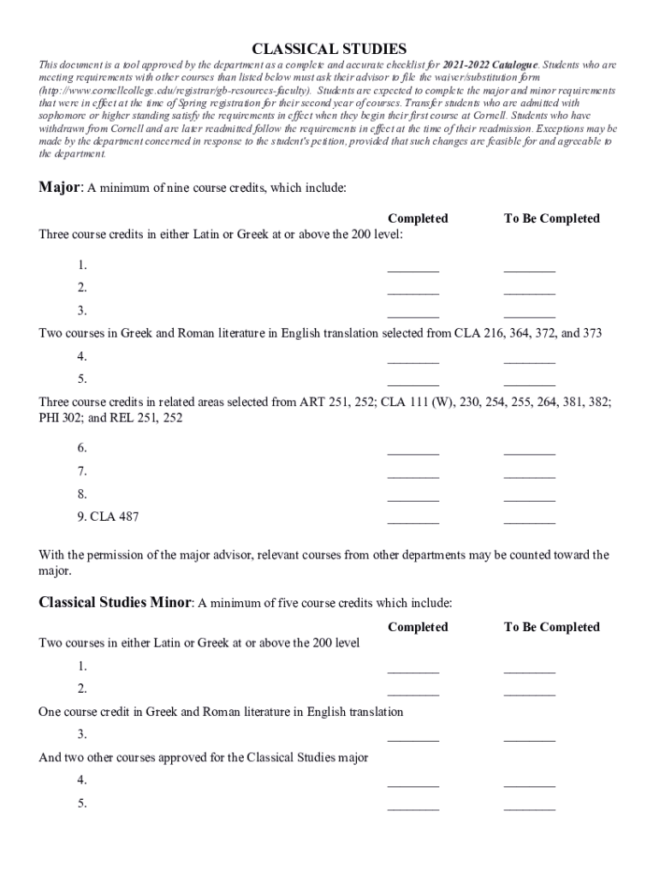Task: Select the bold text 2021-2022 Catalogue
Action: coord(490,65)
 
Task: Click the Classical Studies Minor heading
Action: coord(116,602)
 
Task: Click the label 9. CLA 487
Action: coord(108,516)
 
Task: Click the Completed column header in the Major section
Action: coord(418,218)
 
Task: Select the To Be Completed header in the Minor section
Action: coord(551,627)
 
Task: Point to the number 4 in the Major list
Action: coord(82,356)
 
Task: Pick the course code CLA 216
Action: coord(471,333)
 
